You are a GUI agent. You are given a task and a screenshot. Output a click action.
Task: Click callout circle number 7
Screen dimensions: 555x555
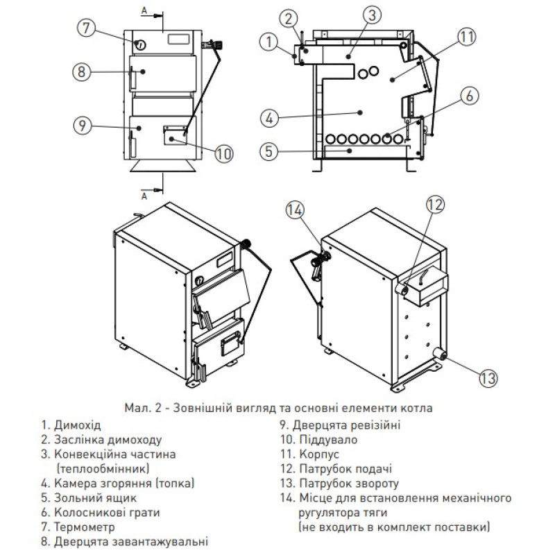coord(84,28)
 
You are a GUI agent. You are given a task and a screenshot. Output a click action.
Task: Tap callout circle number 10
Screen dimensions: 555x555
coord(221,153)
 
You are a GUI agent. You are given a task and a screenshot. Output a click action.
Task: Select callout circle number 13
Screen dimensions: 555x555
coord(488,377)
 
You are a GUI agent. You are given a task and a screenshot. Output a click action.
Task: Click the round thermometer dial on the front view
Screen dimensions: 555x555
coord(141,46)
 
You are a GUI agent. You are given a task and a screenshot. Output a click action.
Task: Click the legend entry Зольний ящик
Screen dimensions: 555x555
coord(87,497)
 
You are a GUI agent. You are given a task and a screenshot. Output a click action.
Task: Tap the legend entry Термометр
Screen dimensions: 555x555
coord(78,527)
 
